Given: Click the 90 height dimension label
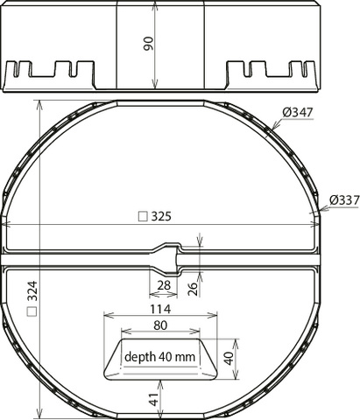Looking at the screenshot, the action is point(148,43).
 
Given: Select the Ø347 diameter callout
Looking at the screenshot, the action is point(298,112).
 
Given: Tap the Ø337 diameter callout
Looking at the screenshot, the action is point(344,200).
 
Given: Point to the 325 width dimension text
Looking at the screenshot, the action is point(161,216).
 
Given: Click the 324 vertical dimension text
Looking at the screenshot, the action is point(32,290).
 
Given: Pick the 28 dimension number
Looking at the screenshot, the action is point(164,285).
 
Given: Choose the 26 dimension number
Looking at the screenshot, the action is point(193,289).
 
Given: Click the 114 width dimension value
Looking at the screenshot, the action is point(160,309).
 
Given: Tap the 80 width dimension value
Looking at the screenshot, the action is point(160,325).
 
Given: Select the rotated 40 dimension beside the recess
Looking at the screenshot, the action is point(229,359).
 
